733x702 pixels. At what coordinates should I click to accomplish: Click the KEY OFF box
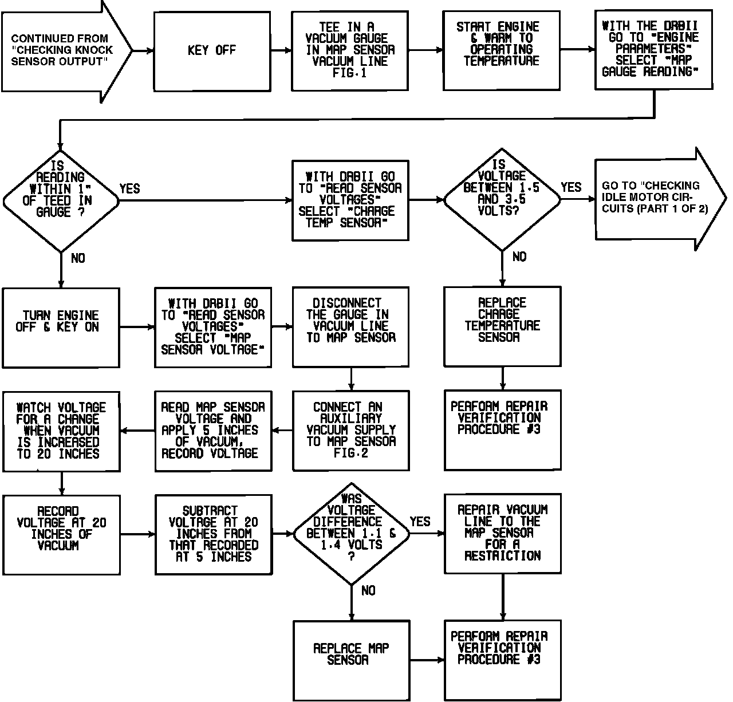tap(212, 51)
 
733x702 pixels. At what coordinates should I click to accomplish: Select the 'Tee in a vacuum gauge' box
tap(350, 51)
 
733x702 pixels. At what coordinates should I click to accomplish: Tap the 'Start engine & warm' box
tap(501, 51)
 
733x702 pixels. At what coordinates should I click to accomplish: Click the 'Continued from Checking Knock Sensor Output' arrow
tap(63, 51)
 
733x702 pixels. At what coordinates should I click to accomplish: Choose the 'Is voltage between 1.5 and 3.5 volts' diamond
tap(502, 199)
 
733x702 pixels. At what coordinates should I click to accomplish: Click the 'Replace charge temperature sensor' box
tap(502, 326)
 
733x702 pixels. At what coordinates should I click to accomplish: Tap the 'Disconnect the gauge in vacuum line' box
tap(350, 326)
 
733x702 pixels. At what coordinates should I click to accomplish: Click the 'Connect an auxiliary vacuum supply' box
tap(350, 430)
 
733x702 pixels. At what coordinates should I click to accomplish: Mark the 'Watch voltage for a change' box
tap(61, 431)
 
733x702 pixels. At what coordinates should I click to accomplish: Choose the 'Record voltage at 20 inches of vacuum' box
tap(61, 534)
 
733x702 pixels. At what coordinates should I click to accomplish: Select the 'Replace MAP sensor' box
tap(351, 660)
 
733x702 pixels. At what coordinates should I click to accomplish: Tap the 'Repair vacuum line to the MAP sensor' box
tap(503, 533)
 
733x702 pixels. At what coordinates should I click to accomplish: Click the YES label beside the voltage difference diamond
tap(420, 522)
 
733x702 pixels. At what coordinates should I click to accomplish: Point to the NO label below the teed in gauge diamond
tap(78, 258)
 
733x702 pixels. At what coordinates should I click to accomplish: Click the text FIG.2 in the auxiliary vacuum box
tap(352, 453)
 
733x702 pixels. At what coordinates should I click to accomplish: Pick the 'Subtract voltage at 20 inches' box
tap(213, 534)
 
